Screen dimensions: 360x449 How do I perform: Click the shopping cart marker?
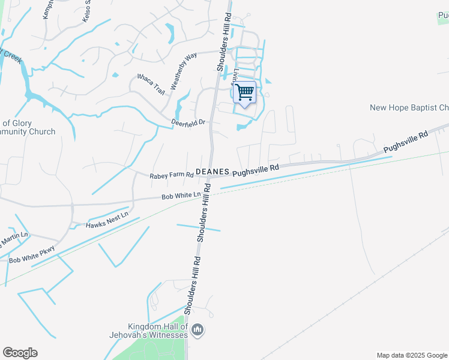[244, 92]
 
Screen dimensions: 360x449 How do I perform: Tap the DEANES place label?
[212, 172]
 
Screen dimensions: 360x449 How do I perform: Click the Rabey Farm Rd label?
[172, 175]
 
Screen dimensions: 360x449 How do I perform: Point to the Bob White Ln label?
[181, 196]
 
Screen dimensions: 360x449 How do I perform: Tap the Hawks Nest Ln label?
[107, 220]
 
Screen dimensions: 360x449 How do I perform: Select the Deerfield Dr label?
[189, 122]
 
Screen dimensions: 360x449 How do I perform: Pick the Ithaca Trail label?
[151, 85]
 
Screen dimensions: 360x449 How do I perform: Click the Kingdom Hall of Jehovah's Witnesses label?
[148, 329]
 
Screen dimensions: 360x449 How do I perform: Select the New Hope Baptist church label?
[409, 107]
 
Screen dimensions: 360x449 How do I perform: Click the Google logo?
[20, 353]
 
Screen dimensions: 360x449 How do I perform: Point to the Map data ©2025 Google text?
[411, 355]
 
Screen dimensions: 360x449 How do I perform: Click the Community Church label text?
[28, 131]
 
